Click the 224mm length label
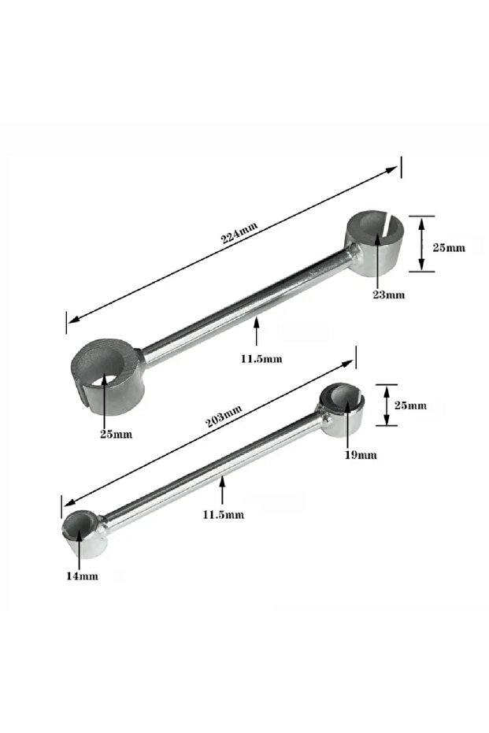point(239,232)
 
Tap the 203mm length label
point(224,416)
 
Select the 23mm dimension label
point(388,295)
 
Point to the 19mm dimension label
point(361,454)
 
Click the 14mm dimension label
point(82,576)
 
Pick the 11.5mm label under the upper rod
point(261,358)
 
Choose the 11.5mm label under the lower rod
point(224,515)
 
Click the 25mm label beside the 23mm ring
point(449,248)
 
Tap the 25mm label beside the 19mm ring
point(410,405)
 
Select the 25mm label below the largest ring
point(117,435)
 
